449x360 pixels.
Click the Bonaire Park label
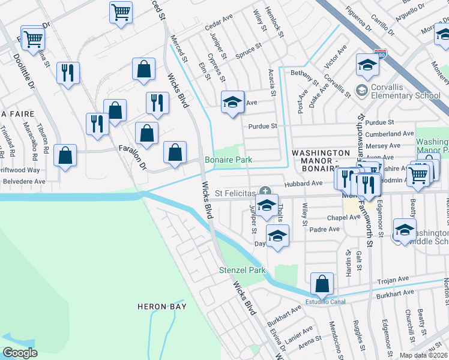(x=228, y=160)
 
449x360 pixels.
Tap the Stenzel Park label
(x=242, y=271)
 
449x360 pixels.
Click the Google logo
(x=20, y=353)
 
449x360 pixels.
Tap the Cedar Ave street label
(x=218, y=28)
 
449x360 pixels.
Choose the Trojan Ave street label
(x=392, y=281)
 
